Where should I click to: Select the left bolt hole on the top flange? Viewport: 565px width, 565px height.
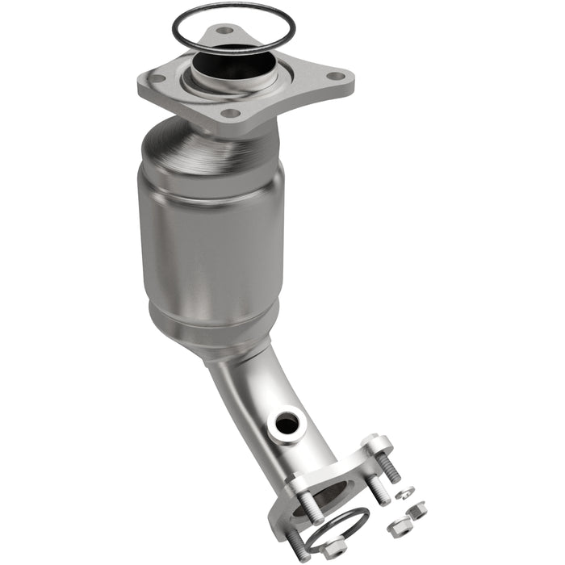point(157,79)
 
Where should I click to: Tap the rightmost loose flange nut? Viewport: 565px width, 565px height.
point(417,509)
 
